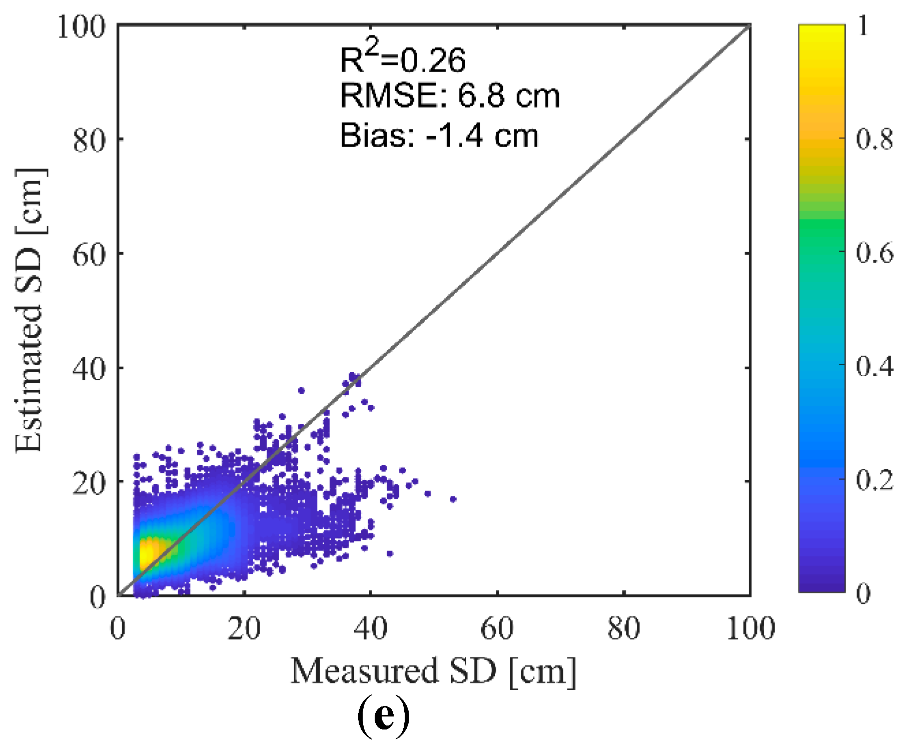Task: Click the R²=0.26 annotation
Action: click(x=403, y=59)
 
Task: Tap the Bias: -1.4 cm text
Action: click(x=439, y=136)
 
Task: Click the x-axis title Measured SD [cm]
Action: click(x=433, y=671)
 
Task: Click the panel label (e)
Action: click(x=384, y=717)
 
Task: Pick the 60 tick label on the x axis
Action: click(x=497, y=628)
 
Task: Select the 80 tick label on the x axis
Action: click(x=623, y=628)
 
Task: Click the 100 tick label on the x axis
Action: click(x=750, y=628)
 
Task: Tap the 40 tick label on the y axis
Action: click(x=89, y=369)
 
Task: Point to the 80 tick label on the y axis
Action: click(x=89, y=141)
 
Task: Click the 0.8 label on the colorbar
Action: click(x=874, y=139)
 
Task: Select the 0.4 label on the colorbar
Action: click(x=874, y=366)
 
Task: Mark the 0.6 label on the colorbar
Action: click(x=874, y=253)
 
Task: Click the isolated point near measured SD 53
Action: click(x=453, y=499)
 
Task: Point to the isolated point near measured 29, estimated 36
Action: click(x=301, y=390)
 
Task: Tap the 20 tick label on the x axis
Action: click(x=244, y=628)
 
